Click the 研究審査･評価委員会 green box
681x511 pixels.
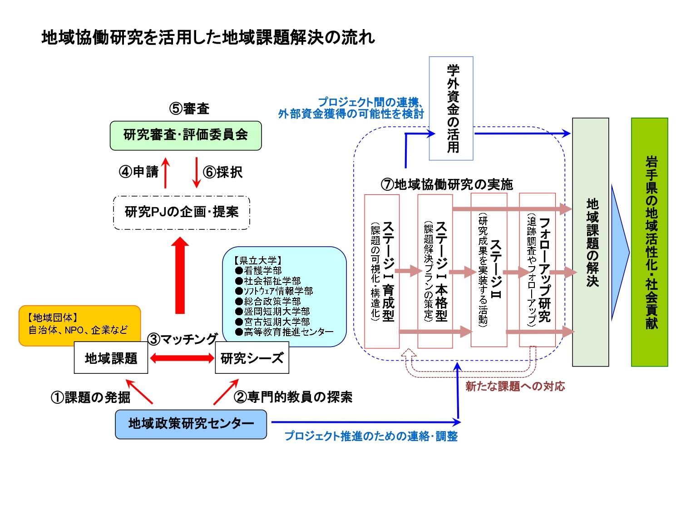(186, 135)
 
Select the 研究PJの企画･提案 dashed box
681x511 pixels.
(181, 212)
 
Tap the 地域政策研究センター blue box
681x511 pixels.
(191, 424)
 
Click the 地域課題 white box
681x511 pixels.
(111, 358)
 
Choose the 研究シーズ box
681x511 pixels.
(252, 358)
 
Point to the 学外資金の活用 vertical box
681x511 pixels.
(451, 108)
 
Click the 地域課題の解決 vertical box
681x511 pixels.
(590, 242)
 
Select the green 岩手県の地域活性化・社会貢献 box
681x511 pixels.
(649, 242)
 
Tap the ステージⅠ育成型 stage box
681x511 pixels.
(382, 271)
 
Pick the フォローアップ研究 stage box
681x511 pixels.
(538, 271)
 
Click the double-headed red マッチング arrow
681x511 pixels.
(182, 358)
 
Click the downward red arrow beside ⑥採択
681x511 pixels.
(196, 173)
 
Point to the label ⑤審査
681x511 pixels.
(189, 109)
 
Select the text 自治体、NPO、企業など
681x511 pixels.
(78, 330)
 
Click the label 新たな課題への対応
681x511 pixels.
(515, 387)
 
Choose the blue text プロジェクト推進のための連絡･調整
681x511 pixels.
(371, 437)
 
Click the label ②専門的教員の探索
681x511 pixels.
(293, 397)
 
